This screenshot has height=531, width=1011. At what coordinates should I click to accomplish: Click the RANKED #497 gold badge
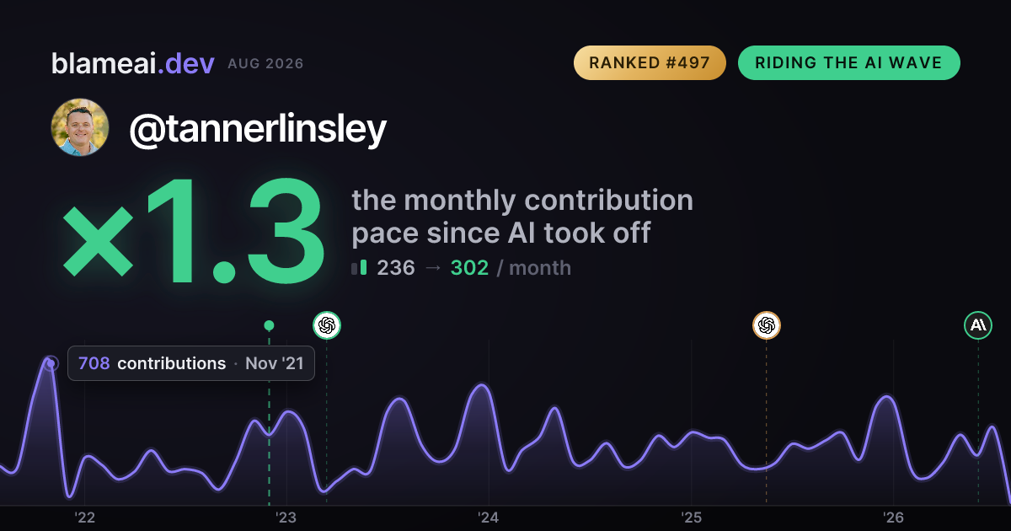pos(650,62)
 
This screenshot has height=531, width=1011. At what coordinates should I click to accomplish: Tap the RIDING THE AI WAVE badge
pos(849,62)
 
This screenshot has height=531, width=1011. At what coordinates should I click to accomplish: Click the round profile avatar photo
pos(80,127)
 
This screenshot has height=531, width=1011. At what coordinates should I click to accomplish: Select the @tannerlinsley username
pos(258,129)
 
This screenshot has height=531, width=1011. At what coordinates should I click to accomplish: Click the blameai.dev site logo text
pos(133,63)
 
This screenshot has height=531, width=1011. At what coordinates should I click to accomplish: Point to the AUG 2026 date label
pos(265,64)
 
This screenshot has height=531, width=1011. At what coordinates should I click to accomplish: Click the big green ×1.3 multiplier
pos(194,231)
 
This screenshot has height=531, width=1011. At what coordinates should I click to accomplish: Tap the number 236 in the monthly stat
pos(396,268)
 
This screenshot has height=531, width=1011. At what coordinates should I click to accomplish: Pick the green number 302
pos(469,268)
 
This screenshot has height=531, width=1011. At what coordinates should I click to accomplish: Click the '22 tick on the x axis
pos(85,518)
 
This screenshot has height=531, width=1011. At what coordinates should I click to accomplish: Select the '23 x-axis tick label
pos(286,518)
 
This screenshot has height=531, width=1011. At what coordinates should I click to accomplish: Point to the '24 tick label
pos(489,518)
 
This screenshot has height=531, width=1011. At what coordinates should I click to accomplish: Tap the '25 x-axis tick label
pos(691,518)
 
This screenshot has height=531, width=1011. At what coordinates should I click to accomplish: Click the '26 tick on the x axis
pos(893,518)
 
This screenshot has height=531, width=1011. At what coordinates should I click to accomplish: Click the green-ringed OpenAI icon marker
pos(327,325)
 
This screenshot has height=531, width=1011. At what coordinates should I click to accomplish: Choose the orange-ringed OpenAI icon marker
pos(767,325)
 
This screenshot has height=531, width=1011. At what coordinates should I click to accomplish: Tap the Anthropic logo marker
pos(978,325)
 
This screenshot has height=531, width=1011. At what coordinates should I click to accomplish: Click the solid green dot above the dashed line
pos(269,325)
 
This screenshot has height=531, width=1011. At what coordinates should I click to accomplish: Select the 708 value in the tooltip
pos(94,363)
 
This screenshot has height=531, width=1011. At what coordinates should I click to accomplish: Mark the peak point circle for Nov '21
pos(51,363)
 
